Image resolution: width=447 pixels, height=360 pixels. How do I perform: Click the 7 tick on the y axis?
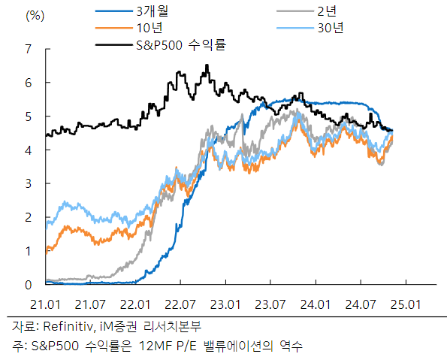29,50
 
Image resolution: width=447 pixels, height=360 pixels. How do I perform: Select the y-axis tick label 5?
29,116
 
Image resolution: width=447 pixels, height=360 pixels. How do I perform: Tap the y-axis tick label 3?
29,184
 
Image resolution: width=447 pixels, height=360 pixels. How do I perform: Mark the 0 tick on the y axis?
29,285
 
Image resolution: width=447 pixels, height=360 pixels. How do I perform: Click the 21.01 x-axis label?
47,304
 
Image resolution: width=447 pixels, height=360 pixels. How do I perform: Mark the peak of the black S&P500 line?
207,65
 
